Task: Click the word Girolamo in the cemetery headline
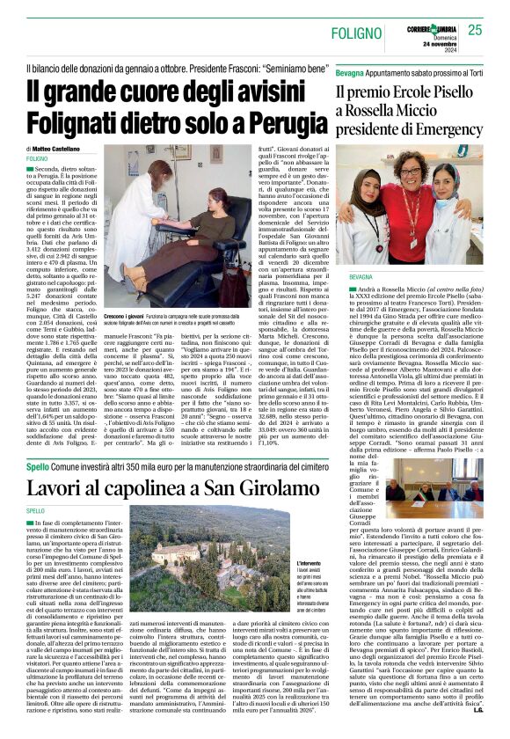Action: pos(224,487)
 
